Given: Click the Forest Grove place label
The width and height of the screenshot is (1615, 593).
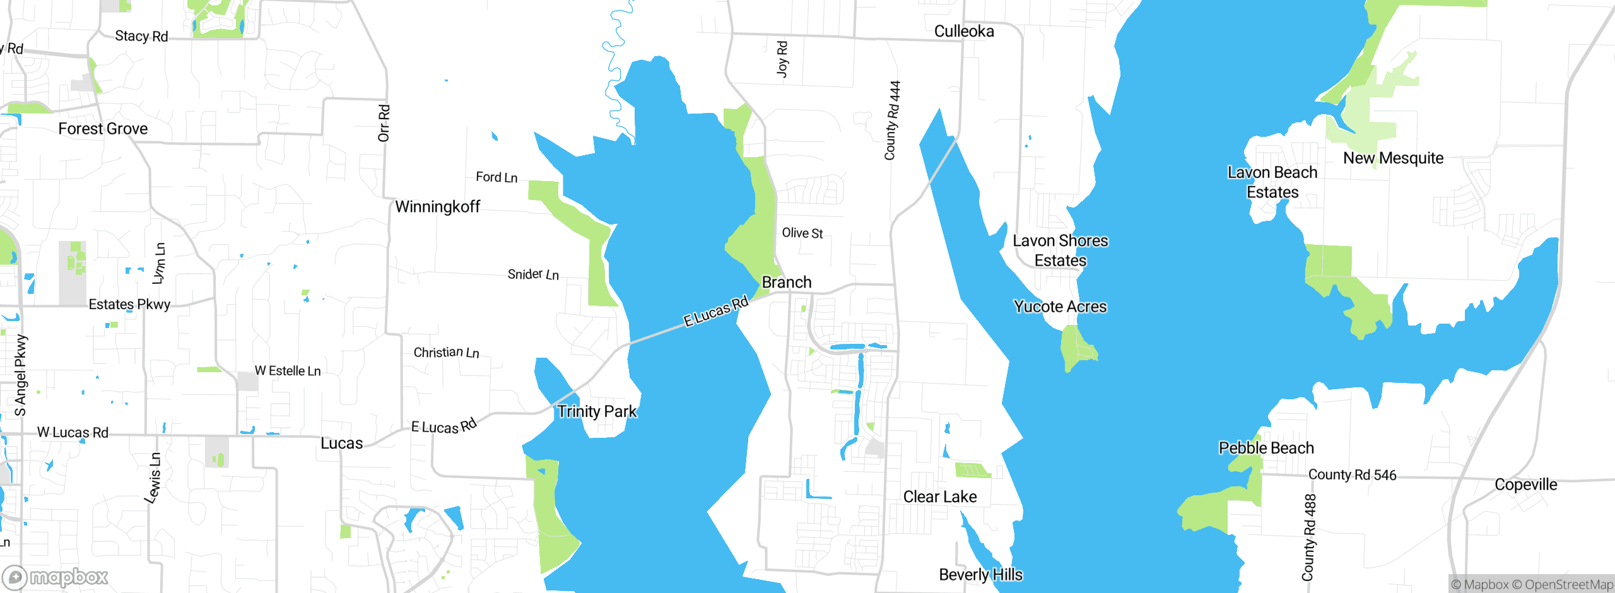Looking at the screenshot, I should [103, 129].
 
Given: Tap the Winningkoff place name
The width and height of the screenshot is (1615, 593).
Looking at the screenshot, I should [437, 207].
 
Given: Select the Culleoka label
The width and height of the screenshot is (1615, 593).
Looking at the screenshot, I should [963, 32].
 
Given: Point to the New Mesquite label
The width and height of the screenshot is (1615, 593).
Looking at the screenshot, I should [1393, 158].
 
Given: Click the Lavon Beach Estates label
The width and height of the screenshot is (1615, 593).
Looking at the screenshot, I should [1272, 182].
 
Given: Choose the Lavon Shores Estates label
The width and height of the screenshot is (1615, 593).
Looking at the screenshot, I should [1060, 250].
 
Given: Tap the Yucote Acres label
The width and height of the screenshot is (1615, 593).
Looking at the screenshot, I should [1060, 307].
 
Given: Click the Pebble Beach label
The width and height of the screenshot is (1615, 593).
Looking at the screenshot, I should [1266, 448].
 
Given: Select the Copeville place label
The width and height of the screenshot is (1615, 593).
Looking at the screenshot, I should [1525, 484].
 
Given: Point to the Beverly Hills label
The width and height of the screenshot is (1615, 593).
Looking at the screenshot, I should [980, 575].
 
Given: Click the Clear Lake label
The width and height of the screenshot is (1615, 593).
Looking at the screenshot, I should [939, 497].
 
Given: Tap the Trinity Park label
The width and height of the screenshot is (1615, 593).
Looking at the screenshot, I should [597, 412].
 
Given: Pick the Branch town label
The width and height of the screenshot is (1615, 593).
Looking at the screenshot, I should [786, 283].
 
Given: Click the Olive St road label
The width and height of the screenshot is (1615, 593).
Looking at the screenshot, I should [802, 233].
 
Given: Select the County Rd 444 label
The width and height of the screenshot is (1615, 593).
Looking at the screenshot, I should [892, 120].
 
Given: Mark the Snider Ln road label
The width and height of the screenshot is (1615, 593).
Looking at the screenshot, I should [533, 274].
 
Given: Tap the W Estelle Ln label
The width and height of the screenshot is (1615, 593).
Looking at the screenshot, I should [288, 371].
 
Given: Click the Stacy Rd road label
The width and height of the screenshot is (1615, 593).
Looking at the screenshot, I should [141, 37].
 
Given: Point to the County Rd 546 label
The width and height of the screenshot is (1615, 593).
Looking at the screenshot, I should [1352, 475].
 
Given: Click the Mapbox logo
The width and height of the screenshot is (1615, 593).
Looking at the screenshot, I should [55, 577].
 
